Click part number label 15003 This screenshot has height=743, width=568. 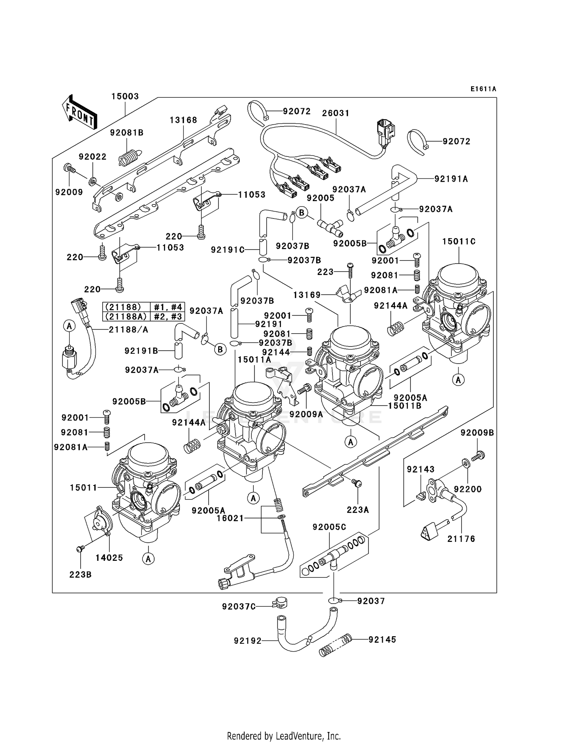(x=125, y=96)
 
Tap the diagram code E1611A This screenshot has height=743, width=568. (x=483, y=89)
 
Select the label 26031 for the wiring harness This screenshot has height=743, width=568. (x=335, y=113)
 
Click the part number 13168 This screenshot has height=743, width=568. (x=183, y=120)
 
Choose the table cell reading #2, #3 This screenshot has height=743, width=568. (x=167, y=316)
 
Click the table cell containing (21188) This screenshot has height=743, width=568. (x=123, y=307)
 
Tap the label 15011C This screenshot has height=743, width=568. (x=459, y=241)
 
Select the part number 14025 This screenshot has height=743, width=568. (x=109, y=557)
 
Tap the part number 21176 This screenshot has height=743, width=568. (x=461, y=539)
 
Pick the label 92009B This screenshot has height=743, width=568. (x=477, y=432)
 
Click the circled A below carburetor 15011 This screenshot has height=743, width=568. (x=148, y=559)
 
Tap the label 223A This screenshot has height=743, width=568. (x=358, y=510)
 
